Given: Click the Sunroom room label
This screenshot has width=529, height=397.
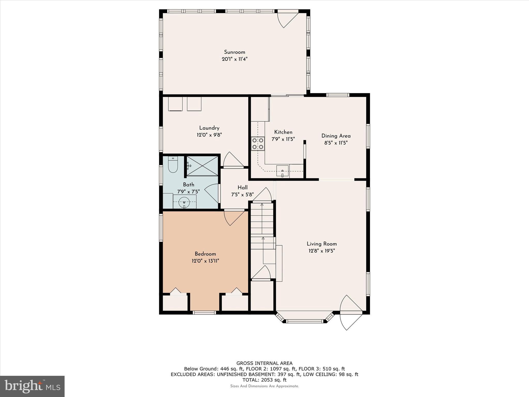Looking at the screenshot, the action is [x=235, y=52].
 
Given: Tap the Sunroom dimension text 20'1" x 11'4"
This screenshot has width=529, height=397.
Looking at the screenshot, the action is [x=235, y=59].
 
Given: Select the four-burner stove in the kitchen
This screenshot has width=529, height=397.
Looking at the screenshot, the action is [x=258, y=144].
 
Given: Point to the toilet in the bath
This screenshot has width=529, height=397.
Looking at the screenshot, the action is [x=173, y=164].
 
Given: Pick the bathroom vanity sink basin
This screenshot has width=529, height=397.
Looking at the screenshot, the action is [x=184, y=201].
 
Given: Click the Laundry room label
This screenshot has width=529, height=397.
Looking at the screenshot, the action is [x=209, y=128].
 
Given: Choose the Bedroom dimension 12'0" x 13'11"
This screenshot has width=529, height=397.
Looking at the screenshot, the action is [x=205, y=261].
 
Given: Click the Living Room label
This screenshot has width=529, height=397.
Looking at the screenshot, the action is [x=322, y=244].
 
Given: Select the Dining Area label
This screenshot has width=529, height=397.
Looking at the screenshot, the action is [x=336, y=136].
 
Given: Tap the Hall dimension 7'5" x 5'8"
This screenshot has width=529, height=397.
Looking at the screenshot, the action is [x=243, y=195].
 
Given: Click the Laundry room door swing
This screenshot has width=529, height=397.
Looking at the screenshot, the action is [x=233, y=160].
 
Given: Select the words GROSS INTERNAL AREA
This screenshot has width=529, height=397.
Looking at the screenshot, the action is [x=264, y=363].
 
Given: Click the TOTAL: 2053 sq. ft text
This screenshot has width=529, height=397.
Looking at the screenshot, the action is [x=264, y=380].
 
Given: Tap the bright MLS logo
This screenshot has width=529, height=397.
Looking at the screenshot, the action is [x=32, y=386].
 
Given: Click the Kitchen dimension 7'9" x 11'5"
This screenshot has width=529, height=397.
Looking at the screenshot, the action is [x=283, y=139].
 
